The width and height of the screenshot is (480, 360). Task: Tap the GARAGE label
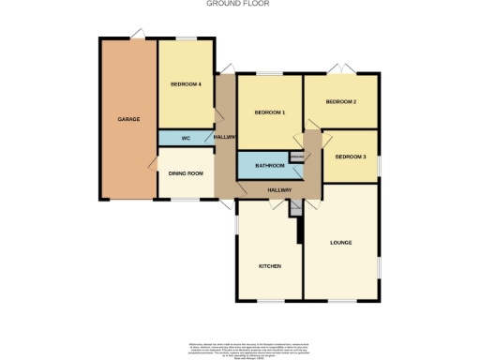pyautogui.click(x=128, y=119)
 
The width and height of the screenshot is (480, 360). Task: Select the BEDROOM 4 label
pyautogui.click(x=186, y=85)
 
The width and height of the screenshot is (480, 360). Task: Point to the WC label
pyautogui.click(x=186, y=139)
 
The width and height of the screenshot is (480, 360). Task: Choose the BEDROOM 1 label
pyautogui.click(x=269, y=113)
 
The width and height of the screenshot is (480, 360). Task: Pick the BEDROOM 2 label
pyautogui.click(x=340, y=101)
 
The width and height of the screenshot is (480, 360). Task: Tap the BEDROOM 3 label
pyautogui.click(x=351, y=157)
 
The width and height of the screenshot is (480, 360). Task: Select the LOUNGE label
pyautogui.click(x=340, y=243)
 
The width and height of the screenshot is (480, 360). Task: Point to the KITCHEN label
pyautogui.click(x=270, y=266)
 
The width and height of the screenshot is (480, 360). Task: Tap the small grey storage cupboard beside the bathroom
pyautogui.click(x=296, y=157)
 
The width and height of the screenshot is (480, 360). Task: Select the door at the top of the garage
pyautogui.click(x=138, y=36)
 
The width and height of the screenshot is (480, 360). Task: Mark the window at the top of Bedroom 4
pyautogui.click(x=187, y=38)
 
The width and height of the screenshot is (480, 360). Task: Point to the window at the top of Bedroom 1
pyautogui.click(x=270, y=72)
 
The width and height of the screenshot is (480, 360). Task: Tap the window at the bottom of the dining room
pyautogui.click(x=185, y=199)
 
